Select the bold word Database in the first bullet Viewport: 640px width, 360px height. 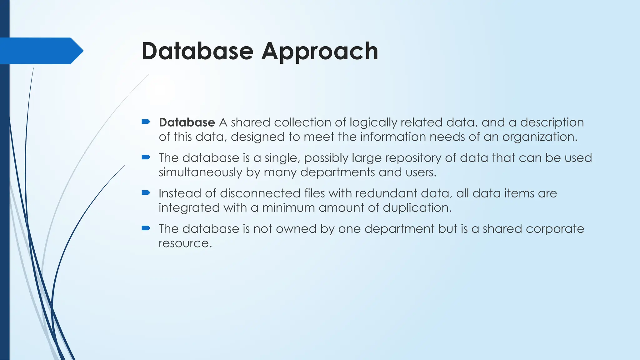coord(187,122)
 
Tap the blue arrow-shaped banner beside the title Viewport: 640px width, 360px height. coord(41,51)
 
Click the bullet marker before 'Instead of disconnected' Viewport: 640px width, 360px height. coord(146,192)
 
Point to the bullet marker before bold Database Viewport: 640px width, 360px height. coord(146,122)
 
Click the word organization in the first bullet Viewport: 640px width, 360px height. coord(539,137)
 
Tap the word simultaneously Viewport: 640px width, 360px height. coord(200,172)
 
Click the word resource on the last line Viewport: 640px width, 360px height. coord(185,243)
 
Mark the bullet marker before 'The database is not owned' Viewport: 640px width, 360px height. coord(146,228)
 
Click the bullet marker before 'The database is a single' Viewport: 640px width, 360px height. coord(146,157)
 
